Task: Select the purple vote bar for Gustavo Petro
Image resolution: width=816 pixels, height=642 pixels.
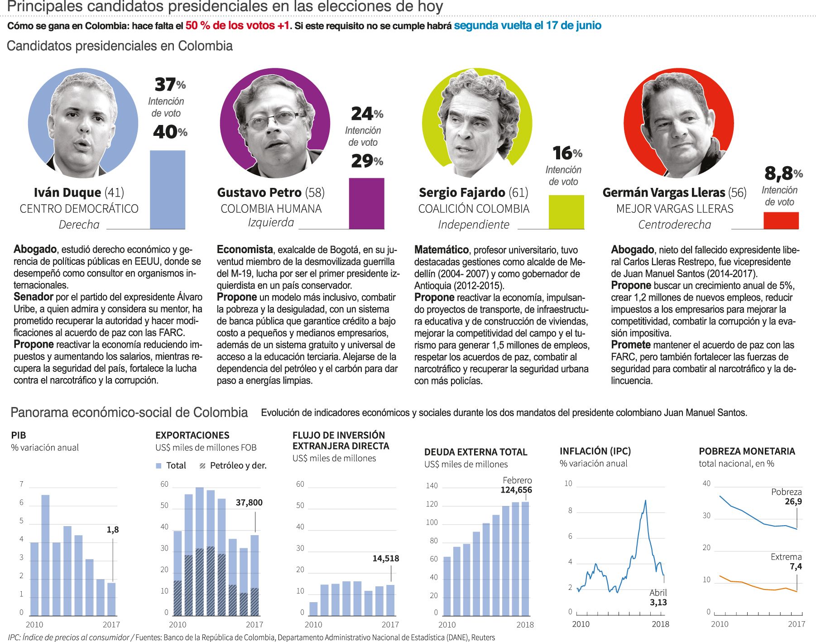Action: click(366, 203)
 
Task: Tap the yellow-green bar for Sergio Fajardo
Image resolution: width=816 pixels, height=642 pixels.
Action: click(566, 212)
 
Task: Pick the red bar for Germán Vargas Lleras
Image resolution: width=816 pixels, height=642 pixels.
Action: click(781, 220)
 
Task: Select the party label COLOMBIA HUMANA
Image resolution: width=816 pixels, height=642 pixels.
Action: click(271, 209)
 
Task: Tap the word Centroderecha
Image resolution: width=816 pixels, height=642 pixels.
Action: click(674, 225)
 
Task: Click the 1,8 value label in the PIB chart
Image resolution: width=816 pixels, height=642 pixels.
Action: click(113, 529)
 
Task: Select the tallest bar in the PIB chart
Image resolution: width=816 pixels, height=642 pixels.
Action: click(45, 555)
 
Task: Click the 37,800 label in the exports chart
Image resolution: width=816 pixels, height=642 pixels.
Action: click(249, 503)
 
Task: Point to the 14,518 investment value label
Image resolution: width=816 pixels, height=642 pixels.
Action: click(385, 558)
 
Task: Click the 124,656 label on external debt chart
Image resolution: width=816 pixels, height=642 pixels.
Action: click(516, 490)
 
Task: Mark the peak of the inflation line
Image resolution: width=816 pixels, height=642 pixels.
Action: click(645, 500)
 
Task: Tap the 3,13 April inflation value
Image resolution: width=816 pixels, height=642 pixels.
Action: click(658, 603)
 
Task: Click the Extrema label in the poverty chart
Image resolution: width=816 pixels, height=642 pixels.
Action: click(786, 557)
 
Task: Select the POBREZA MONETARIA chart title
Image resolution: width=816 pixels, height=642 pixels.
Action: click(747, 451)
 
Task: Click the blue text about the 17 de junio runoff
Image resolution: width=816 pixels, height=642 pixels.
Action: click(528, 25)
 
